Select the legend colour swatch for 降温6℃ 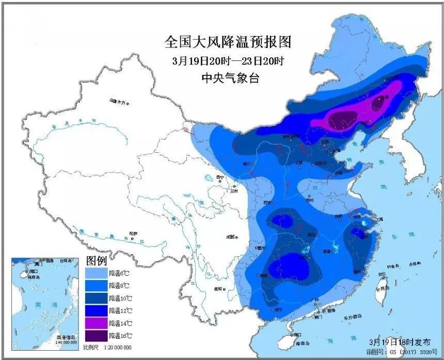(96, 273)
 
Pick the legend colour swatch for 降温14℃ (96, 323)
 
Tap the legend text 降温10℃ (117, 298)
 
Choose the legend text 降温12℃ (117, 310)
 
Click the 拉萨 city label (134, 233)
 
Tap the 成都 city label (230, 237)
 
